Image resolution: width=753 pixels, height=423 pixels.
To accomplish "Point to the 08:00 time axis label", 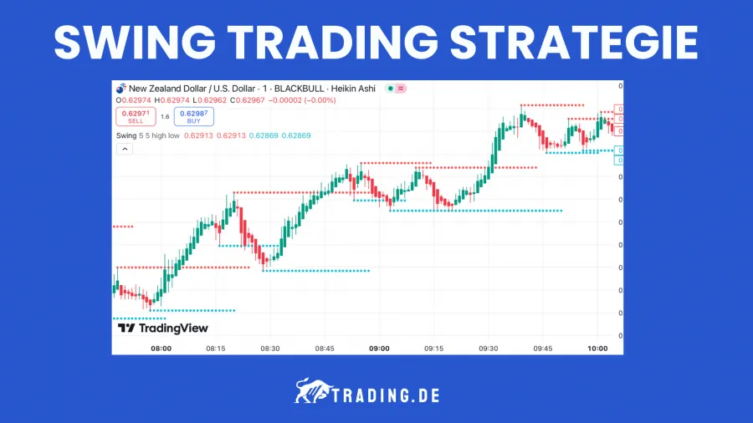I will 161,348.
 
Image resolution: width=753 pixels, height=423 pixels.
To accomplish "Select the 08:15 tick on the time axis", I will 216,348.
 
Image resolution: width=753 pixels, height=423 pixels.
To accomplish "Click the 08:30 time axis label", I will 270,348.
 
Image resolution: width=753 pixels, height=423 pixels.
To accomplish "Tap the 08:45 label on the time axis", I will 325,348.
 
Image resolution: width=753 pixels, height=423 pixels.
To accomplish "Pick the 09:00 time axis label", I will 379,348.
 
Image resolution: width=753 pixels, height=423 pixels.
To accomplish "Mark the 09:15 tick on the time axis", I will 433,348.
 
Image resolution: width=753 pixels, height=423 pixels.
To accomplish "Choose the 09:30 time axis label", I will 488,348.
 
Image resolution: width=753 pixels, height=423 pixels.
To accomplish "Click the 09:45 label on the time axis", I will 543,348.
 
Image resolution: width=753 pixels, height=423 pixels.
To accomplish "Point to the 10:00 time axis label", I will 597,348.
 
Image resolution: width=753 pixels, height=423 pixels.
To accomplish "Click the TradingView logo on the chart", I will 163,329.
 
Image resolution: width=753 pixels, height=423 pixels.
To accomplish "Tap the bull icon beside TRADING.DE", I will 311,392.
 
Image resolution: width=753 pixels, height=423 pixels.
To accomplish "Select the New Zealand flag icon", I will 120,88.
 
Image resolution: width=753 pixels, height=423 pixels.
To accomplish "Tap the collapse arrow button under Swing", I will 124,149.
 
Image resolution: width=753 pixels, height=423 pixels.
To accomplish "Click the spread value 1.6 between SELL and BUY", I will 165,117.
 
